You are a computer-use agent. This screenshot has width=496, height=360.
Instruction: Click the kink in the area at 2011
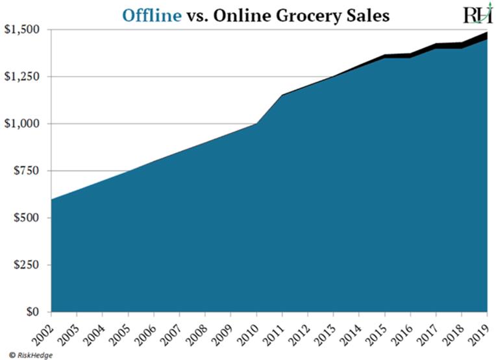[x=282, y=95]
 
